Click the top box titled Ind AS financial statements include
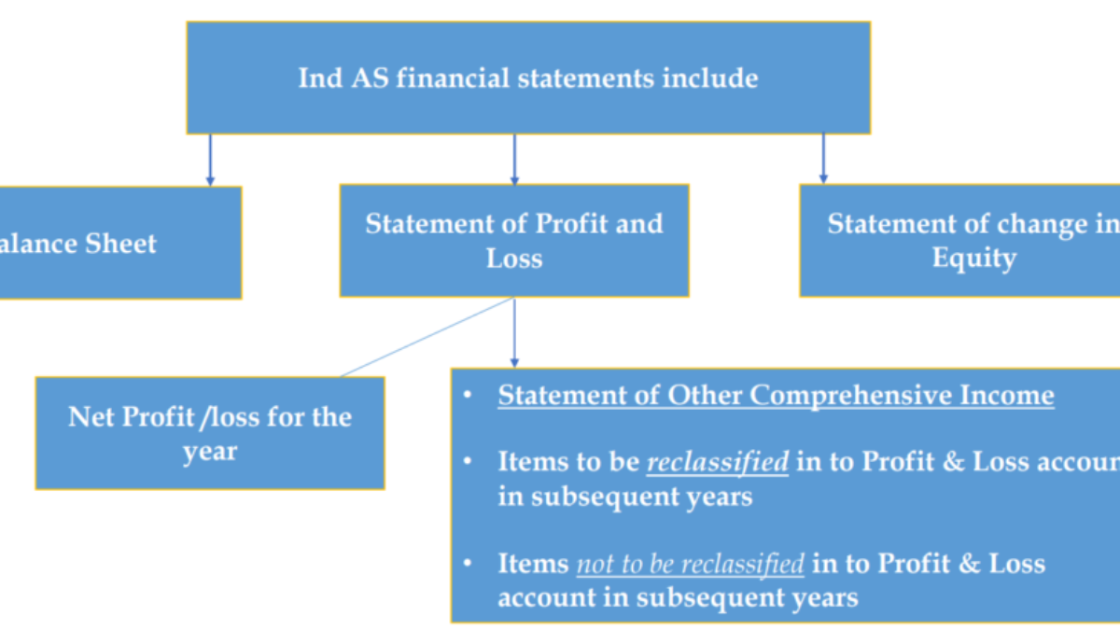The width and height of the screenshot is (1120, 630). click(x=528, y=77)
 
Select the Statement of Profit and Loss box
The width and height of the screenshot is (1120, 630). click(x=513, y=241)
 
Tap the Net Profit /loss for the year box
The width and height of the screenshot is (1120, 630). click(x=210, y=433)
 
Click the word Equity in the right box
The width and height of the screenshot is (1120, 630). click(x=973, y=258)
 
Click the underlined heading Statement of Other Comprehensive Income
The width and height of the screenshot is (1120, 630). click(x=776, y=395)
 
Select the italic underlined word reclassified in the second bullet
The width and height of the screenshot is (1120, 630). click(x=718, y=462)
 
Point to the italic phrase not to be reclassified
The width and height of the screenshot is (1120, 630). click(x=690, y=564)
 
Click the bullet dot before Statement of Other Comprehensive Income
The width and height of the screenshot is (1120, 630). click(x=468, y=395)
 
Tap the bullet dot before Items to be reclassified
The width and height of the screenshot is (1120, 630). click(x=468, y=462)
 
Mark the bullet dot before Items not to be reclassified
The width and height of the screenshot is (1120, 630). click(x=468, y=564)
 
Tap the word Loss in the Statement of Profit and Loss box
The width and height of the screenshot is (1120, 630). click(x=513, y=259)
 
